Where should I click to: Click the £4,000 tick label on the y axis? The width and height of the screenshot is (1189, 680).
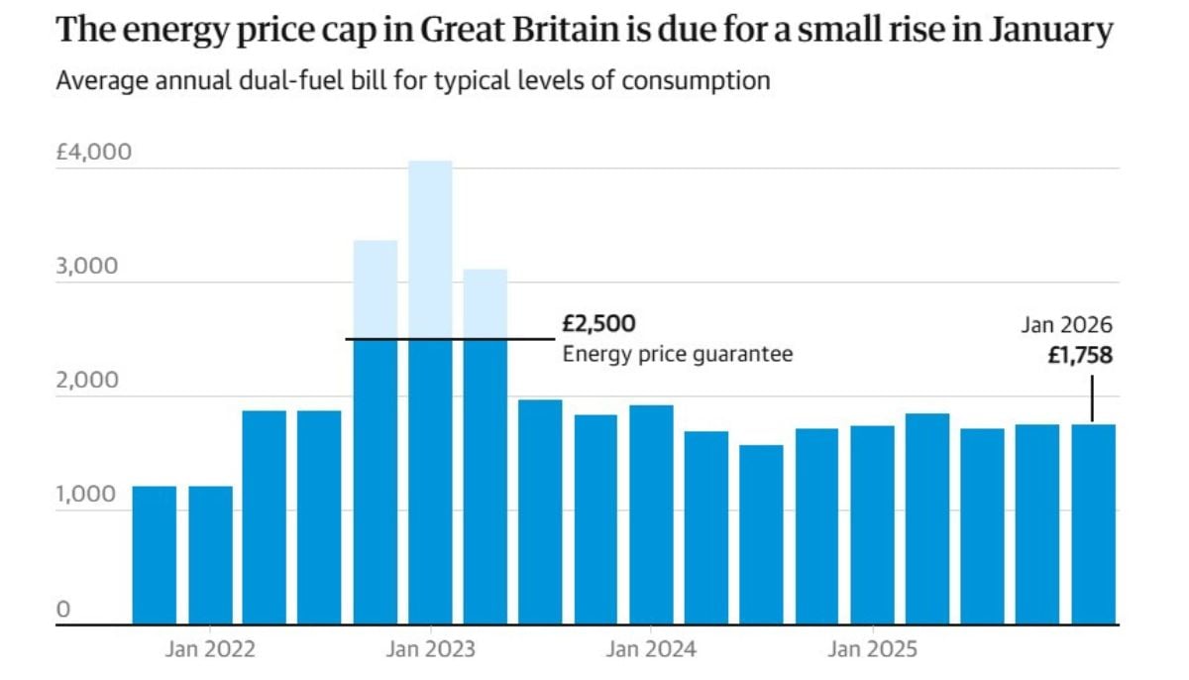coord(93,154)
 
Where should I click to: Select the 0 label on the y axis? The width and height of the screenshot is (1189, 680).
coord(62,609)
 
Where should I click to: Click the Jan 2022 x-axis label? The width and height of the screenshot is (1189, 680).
coord(210,650)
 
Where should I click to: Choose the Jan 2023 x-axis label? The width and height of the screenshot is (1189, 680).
coord(431,650)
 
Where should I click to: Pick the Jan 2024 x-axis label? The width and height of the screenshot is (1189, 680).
coord(651,650)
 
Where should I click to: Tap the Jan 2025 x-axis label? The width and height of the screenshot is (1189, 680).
coord(872,650)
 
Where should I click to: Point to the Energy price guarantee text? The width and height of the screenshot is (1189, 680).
coord(678,354)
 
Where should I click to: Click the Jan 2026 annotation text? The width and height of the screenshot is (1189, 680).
coord(1067,325)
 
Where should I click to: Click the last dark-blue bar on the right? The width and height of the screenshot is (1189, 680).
coord(1093,524)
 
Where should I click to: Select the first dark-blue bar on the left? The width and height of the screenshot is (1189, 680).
coord(155,555)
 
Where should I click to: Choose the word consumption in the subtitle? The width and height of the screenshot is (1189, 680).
coord(696,80)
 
